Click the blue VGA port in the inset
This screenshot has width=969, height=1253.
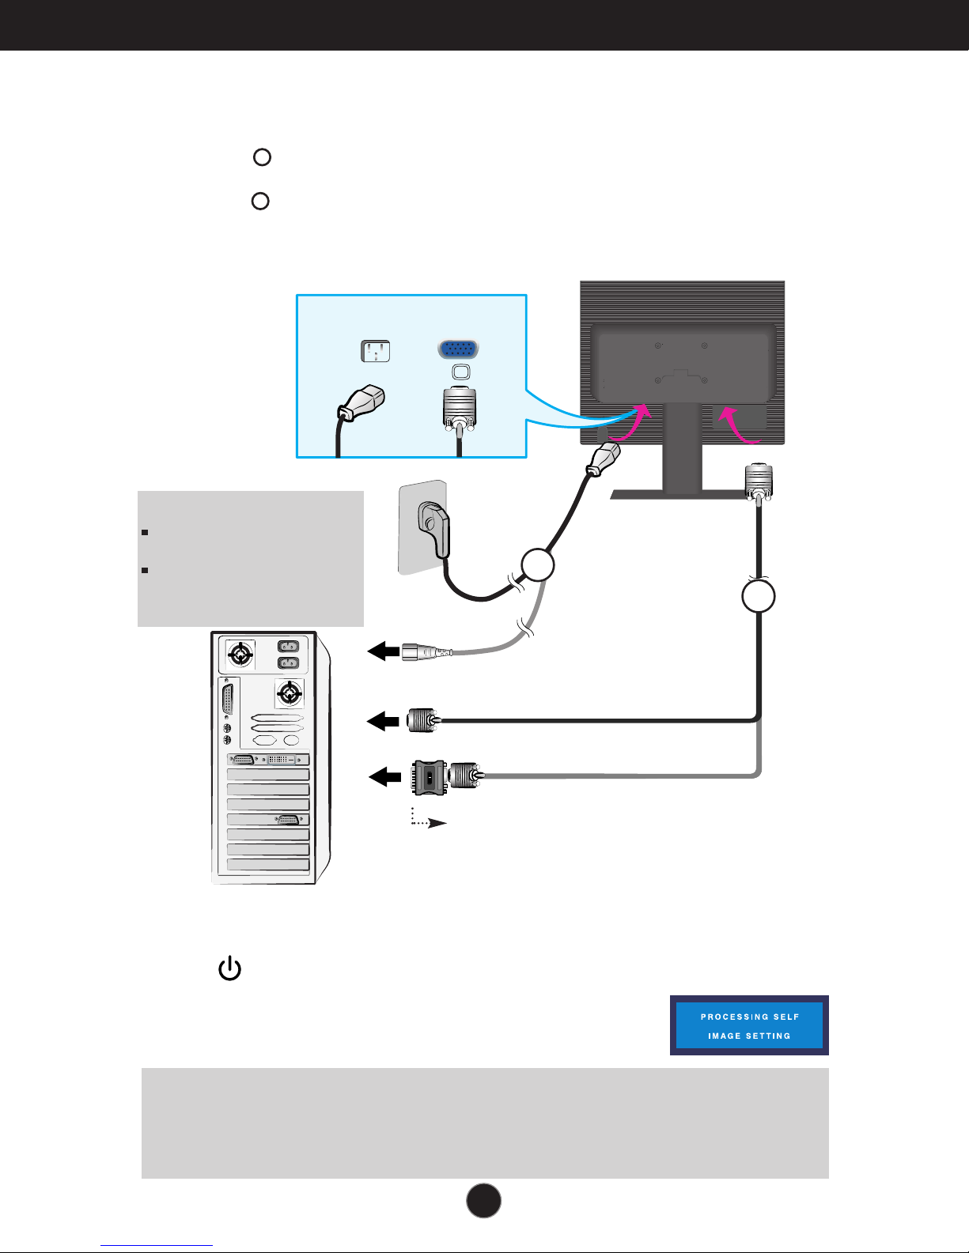(x=459, y=349)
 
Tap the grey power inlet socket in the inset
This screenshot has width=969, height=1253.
(x=376, y=350)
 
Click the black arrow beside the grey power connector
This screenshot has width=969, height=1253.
(x=384, y=651)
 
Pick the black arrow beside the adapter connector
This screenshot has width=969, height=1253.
(x=384, y=777)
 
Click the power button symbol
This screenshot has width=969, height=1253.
(x=229, y=968)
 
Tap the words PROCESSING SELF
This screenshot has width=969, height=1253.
(x=750, y=1017)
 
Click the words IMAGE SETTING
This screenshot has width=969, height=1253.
(x=749, y=1036)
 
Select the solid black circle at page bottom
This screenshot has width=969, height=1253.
(x=483, y=1201)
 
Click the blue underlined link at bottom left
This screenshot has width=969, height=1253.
(x=157, y=1245)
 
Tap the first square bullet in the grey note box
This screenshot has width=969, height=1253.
(x=145, y=532)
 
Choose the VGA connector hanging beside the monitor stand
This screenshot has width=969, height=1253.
(x=759, y=483)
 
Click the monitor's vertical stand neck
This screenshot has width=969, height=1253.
(x=683, y=447)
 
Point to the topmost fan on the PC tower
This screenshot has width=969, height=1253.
(x=240, y=654)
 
